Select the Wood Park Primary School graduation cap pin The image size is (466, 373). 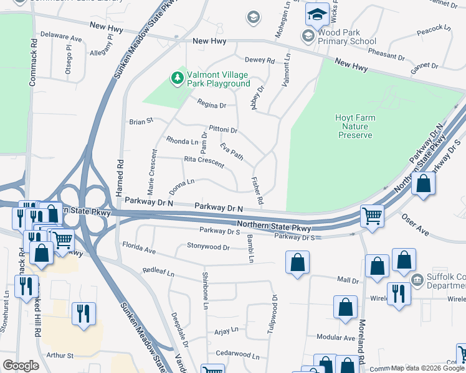317,14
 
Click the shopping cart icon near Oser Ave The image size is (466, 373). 372,216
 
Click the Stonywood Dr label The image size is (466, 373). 209,246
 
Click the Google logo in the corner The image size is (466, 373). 21,366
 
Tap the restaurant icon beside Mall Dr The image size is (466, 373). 397,293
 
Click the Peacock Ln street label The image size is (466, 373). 434,29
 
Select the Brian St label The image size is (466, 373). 141,122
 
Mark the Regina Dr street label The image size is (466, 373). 211,105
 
